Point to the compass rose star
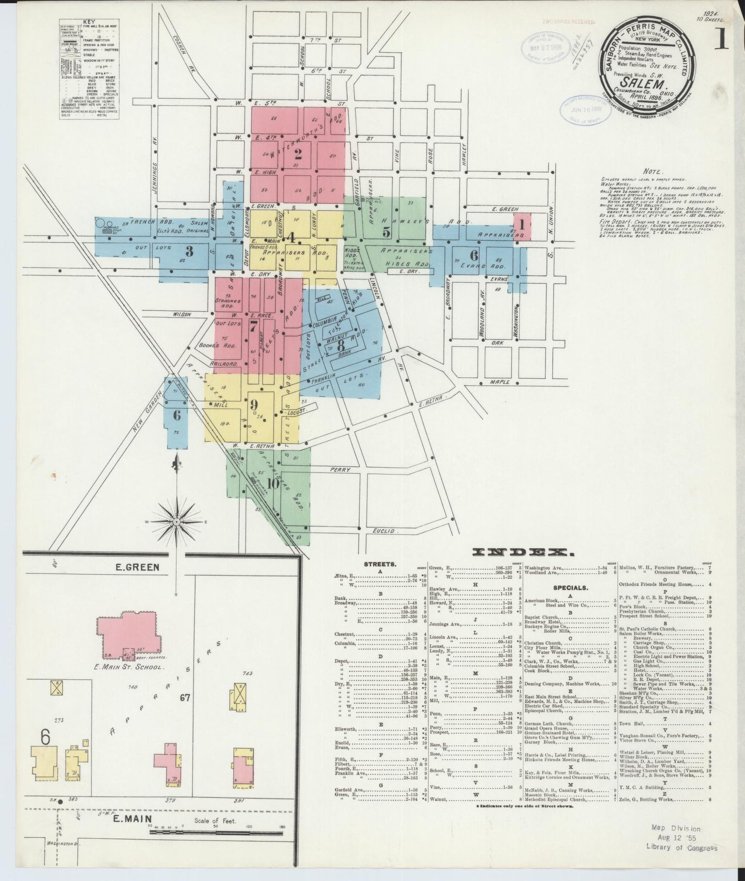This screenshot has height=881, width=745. point(177,522)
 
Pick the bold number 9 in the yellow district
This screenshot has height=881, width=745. point(254,405)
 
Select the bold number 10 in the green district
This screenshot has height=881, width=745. point(273,483)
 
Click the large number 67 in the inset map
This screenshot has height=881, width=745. point(185,698)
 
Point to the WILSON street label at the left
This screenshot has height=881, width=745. point(182,314)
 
